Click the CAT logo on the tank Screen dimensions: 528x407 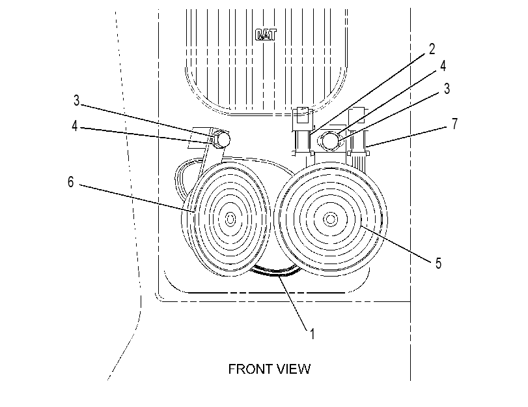[266, 35]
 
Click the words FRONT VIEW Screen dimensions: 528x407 [270, 369]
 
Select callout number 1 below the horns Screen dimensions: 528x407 [312, 334]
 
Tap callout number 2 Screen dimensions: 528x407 [432, 50]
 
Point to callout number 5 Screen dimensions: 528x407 [438, 264]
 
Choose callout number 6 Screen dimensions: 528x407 [70, 182]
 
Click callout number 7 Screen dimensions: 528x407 [454, 124]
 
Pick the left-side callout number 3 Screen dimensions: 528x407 [76, 100]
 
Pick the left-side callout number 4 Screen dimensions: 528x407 [75, 127]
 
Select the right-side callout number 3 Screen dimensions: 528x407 [447, 89]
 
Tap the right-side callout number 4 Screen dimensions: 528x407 [443, 66]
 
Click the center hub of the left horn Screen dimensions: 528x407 [230, 219]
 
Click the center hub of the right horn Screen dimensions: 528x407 [330, 219]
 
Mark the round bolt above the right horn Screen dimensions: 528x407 [331, 140]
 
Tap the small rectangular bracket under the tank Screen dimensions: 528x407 [303, 115]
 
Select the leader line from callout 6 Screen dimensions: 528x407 [137, 198]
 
